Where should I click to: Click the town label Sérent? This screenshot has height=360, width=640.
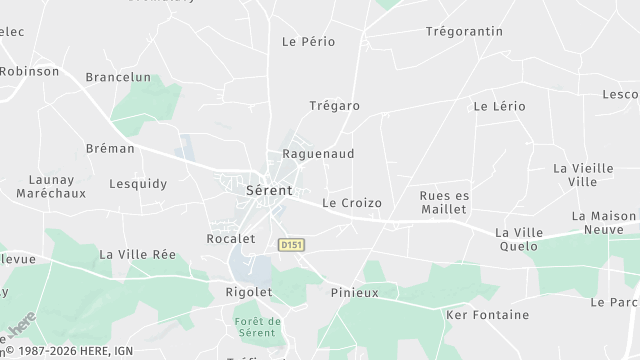(x=269, y=189)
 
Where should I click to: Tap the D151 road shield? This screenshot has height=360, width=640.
(x=291, y=244)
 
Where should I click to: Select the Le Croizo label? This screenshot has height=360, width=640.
(x=352, y=203)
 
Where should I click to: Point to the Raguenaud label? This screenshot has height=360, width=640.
(x=318, y=154)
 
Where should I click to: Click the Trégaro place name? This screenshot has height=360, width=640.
(x=334, y=106)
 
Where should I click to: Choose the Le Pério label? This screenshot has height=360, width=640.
(x=308, y=42)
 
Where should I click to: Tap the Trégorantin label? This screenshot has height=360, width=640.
(x=464, y=31)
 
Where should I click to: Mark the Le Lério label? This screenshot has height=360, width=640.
(x=499, y=105)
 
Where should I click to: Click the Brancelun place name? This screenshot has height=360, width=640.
(x=118, y=77)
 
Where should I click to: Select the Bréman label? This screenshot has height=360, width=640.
(x=110, y=148)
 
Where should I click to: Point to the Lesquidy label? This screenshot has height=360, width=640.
(x=138, y=184)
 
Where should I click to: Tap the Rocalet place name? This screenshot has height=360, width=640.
(x=231, y=239)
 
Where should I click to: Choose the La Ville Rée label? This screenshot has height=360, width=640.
(x=138, y=255)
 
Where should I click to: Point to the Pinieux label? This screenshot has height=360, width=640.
(x=354, y=293)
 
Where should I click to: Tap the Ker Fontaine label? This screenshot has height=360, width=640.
(x=487, y=315)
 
